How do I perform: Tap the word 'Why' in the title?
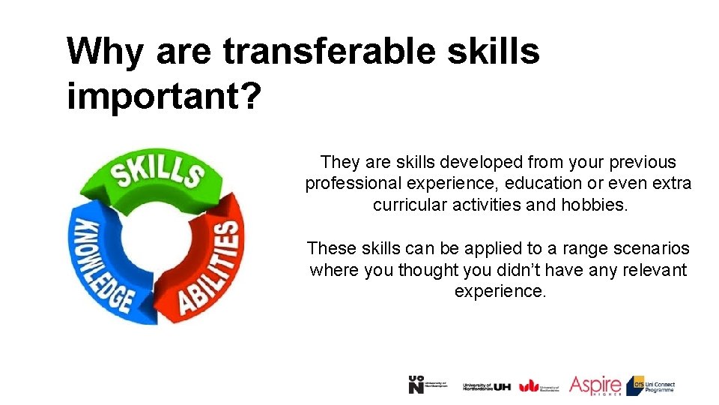tap(105, 52)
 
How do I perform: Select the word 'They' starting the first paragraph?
tap(341, 162)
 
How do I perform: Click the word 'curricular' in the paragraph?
tap(410, 205)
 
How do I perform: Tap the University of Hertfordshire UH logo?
tap(487, 385)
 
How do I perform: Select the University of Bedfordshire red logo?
tap(539, 385)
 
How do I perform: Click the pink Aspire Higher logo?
tap(595, 385)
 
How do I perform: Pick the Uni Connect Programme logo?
tap(651, 385)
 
